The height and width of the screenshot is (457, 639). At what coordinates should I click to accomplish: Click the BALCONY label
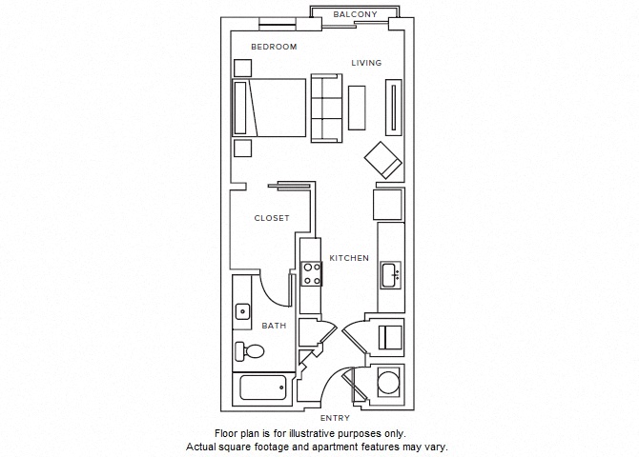(356, 14)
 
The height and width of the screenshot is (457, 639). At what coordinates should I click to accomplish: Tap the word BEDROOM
(274, 47)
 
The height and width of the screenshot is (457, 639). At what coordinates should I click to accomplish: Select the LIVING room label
(365, 63)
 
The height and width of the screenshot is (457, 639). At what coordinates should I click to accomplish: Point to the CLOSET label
(272, 218)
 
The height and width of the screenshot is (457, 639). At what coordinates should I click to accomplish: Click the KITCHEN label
(349, 258)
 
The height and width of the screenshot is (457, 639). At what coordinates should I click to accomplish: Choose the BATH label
(275, 326)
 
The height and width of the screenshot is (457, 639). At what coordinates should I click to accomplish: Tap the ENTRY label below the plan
(335, 418)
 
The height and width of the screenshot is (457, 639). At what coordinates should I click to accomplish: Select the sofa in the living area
(325, 109)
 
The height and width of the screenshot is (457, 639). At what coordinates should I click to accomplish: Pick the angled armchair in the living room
(383, 160)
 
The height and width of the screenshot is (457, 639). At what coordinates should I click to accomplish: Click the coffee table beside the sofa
(358, 108)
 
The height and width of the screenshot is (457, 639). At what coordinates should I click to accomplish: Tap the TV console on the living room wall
(392, 109)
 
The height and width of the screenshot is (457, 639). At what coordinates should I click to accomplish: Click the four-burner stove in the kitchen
(311, 274)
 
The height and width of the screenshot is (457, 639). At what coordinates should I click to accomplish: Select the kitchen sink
(391, 276)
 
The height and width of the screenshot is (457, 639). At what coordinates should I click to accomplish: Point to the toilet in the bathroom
(250, 351)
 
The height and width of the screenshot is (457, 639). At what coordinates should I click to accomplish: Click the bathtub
(263, 388)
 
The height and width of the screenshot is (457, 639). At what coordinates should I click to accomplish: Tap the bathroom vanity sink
(242, 310)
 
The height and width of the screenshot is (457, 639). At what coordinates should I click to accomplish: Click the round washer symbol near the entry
(389, 383)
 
